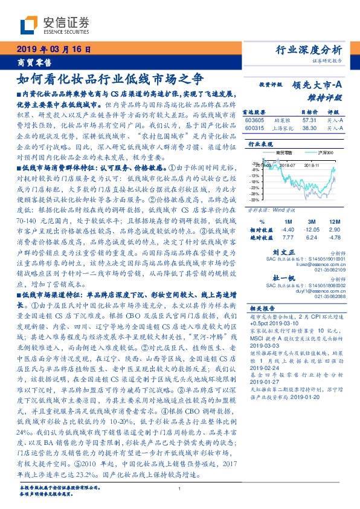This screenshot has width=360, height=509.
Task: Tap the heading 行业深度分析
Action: (x=308, y=50)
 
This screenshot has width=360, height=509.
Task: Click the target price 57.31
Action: (x=309, y=120)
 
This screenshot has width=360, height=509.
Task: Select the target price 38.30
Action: (x=309, y=128)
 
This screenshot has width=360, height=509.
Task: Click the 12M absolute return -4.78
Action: (x=335, y=238)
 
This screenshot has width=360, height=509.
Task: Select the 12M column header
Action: (x=335, y=222)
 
